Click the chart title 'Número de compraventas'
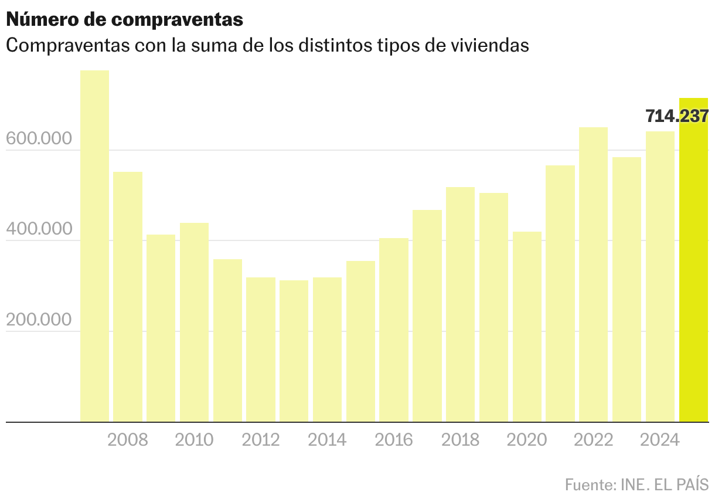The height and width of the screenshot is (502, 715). pos(124,19)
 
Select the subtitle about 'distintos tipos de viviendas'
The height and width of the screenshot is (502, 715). pos(267,45)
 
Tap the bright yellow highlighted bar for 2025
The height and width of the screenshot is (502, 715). pos(693,264)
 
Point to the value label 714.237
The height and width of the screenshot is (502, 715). pos(676,116)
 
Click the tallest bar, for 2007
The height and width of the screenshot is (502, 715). pos(94,246)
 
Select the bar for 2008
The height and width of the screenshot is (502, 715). pos(128,296)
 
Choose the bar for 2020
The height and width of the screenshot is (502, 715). pos(527,326)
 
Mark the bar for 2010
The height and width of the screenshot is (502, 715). pos(194,322)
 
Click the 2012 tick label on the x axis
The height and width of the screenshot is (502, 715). pos(261,439)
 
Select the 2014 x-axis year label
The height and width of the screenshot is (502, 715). pos(327,439)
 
